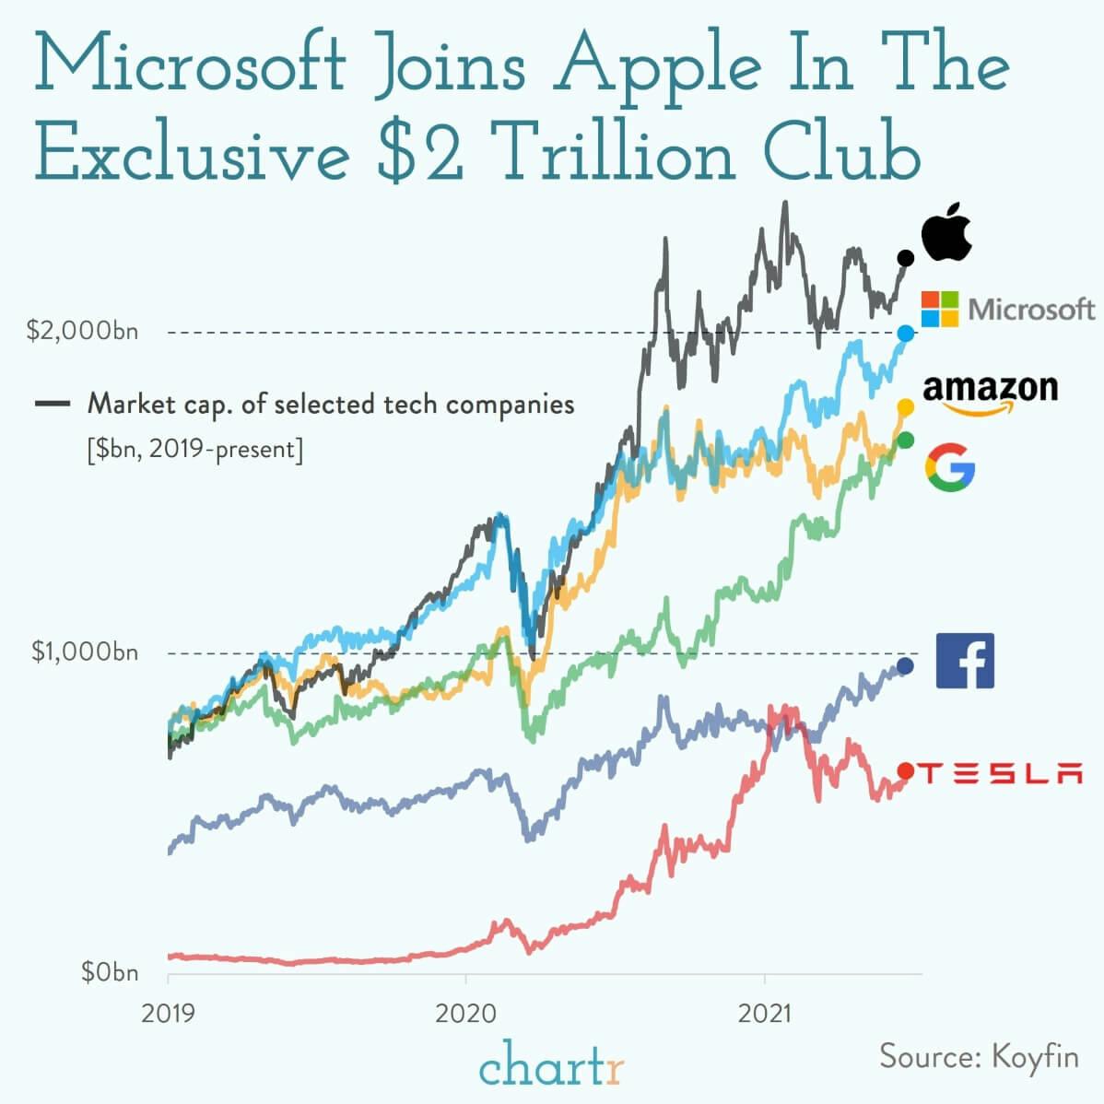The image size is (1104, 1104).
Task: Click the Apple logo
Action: click(x=947, y=234)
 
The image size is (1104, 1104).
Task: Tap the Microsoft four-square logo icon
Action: click(x=940, y=309)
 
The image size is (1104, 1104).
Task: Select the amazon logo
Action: click(x=990, y=394)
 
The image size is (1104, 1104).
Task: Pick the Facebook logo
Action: click(x=965, y=661)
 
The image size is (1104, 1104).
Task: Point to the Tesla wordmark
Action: click(x=1000, y=773)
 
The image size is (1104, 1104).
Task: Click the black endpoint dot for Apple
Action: click(x=905, y=258)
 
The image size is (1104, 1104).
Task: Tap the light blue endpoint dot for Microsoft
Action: click(x=905, y=333)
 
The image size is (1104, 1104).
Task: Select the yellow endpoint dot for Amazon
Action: click(x=905, y=406)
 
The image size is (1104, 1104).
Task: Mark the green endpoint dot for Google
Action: click(x=905, y=440)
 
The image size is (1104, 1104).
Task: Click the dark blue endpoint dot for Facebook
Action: click(x=905, y=665)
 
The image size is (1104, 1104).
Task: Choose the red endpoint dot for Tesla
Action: click(x=905, y=771)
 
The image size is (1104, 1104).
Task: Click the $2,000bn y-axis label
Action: click(x=83, y=331)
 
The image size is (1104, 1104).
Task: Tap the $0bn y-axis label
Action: click(x=110, y=972)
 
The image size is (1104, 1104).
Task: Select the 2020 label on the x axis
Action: click(x=465, y=1014)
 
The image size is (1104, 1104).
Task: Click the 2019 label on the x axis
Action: click(x=168, y=1014)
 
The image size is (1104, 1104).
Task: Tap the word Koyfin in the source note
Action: click(x=1034, y=1056)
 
